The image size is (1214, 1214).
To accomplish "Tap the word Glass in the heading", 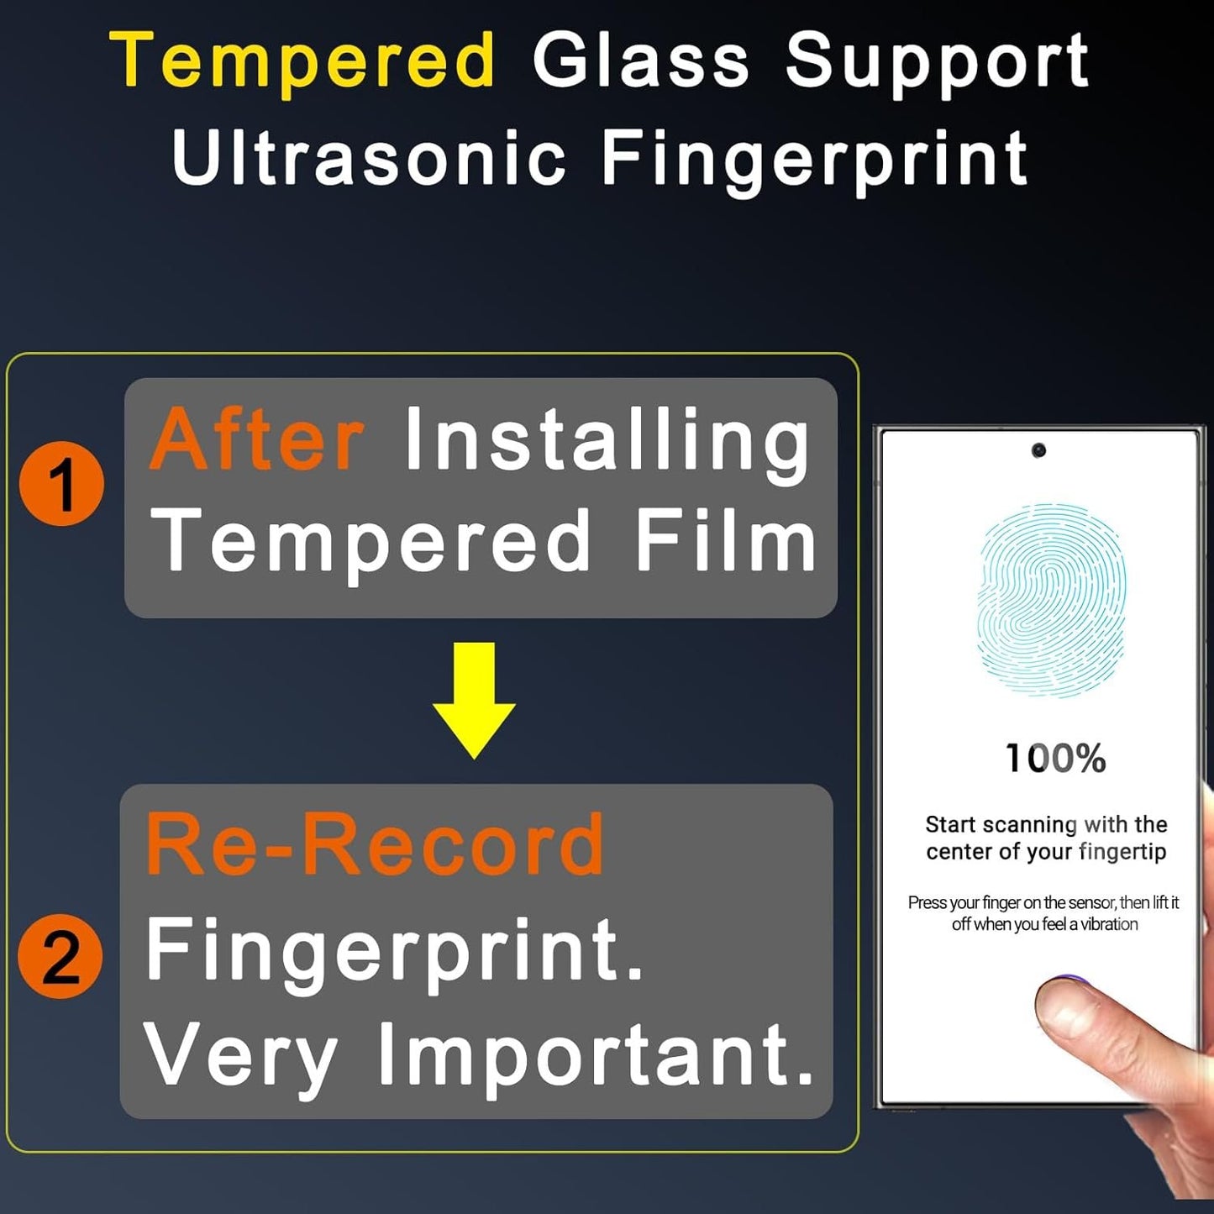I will (x=640, y=60).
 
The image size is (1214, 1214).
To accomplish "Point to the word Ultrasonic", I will (x=369, y=157).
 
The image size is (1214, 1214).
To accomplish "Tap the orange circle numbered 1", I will (x=61, y=484).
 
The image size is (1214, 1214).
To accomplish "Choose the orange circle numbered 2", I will (x=60, y=957).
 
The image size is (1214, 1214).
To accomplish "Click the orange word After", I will (x=257, y=439).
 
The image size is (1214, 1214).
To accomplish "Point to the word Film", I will (x=725, y=541).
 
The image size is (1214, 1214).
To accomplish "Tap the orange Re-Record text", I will (x=375, y=844).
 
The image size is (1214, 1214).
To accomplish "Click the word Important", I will (x=595, y=1054).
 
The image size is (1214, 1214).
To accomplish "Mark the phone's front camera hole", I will (x=1038, y=451).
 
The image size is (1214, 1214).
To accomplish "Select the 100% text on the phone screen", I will (x=1055, y=759).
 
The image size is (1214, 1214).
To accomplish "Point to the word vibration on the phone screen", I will (x=1109, y=924).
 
